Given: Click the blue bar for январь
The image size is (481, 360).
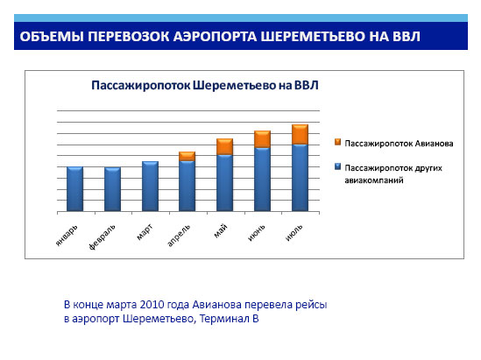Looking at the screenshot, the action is tap(74, 189).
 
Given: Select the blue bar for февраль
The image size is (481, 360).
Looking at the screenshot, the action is tap(112, 189).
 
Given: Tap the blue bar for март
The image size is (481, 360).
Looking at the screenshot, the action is tap(151, 187).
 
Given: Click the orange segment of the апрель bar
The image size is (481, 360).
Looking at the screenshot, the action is tap(187, 157).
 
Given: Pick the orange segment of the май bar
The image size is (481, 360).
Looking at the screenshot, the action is tap(225, 146).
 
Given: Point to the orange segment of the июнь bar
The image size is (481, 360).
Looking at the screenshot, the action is tap(262, 139).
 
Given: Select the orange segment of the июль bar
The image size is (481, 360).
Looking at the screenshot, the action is tap(300, 134).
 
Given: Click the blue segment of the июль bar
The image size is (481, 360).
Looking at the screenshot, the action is tap(300, 178).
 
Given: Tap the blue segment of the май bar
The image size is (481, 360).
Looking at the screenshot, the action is tap(225, 183).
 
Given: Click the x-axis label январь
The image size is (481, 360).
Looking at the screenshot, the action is tap(67, 236).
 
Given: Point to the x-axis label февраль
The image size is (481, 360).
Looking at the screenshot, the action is tap(103, 237).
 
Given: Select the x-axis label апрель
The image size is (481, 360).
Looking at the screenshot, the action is tap(179, 236).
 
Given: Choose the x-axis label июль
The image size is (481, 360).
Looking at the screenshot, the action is tap(294, 232).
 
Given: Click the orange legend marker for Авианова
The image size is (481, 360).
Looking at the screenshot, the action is tap(337, 142).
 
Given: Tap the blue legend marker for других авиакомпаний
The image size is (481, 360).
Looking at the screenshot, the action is tap(337, 166).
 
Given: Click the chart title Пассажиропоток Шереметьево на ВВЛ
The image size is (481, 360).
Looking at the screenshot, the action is tap(205, 85).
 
